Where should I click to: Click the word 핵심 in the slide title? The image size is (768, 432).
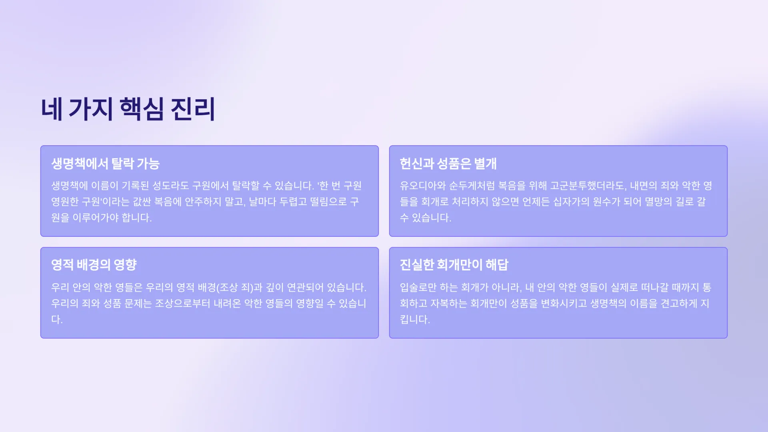click(x=142, y=109)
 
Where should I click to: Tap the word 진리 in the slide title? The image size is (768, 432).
click(x=193, y=109)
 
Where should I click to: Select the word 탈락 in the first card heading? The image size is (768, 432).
click(x=122, y=164)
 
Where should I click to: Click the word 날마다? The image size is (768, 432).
click(x=263, y=202)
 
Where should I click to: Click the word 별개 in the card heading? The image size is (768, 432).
click(x=485, y=164)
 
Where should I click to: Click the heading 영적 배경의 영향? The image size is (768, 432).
click(x=94, y=265)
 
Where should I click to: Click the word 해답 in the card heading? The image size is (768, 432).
click(x=497, y=265)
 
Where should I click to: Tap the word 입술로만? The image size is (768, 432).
click(x=418, y=288)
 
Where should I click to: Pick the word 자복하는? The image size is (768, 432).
click(x=448, y=304)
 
